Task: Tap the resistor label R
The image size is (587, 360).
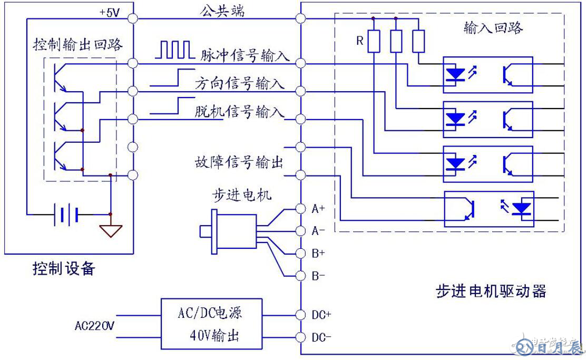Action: pos(360,41)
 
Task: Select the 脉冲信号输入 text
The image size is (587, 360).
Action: pos(245,55)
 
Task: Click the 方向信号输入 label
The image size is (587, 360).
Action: pos(240,84)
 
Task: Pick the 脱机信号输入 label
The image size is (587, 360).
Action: pos(240,112)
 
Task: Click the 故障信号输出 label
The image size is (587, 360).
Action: pos(239,161)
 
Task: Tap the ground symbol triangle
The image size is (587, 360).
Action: pos(110,231)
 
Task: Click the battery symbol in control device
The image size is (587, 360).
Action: pos(67,215)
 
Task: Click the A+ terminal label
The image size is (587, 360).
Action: pos(318,209)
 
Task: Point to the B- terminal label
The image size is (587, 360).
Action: pos(318,276)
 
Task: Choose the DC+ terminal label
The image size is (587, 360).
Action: pos(321,315)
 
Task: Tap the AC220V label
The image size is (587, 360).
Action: pos(94,326)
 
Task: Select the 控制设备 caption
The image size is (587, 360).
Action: pos(64,269)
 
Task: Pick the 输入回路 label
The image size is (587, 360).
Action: pos(493,28)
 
